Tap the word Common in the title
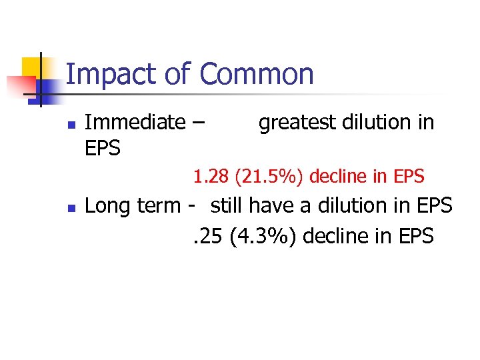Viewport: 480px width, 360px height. tap(257, 74)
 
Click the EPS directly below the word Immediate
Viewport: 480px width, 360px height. tap(103, 149)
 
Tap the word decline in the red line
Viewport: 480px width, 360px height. tap(339, 177)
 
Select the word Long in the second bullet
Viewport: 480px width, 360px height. tap(107, 207)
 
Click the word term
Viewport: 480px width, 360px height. tap(157, 207)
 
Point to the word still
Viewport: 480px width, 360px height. tap(226, 207)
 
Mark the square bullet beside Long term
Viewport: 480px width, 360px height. tap(71, 208)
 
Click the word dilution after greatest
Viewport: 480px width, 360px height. tap(366, 123)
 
